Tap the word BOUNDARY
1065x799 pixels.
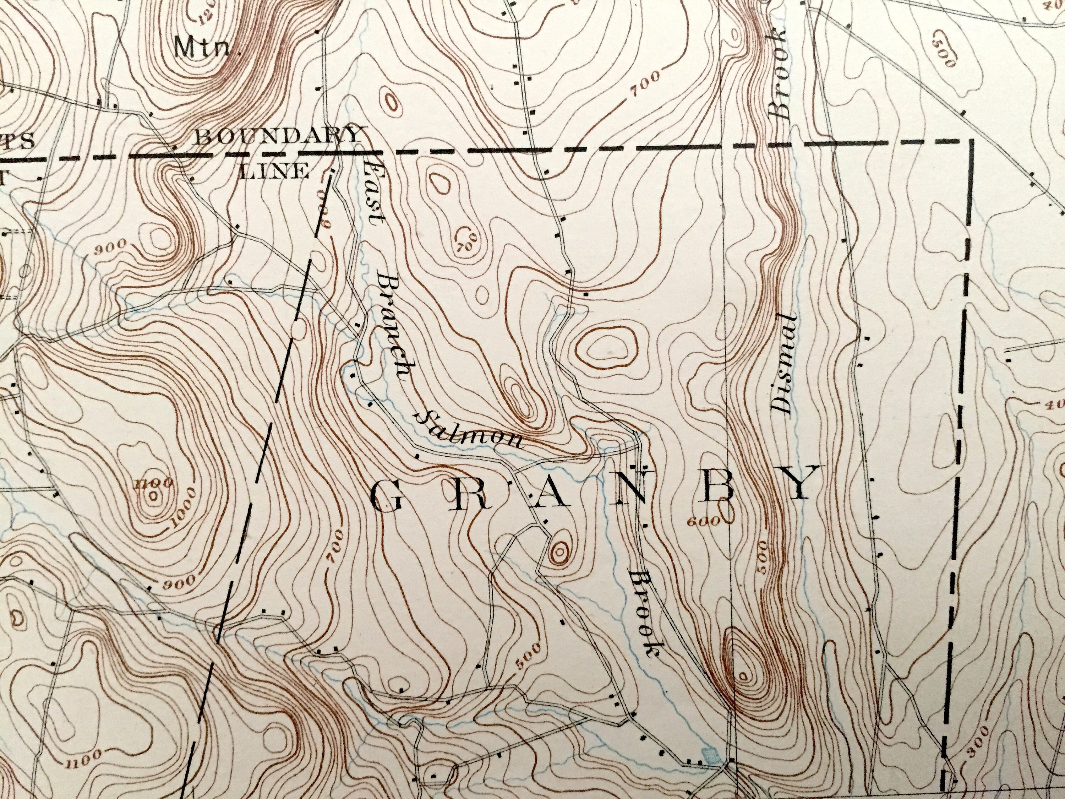pyautogui.click(x=278, y=137)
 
